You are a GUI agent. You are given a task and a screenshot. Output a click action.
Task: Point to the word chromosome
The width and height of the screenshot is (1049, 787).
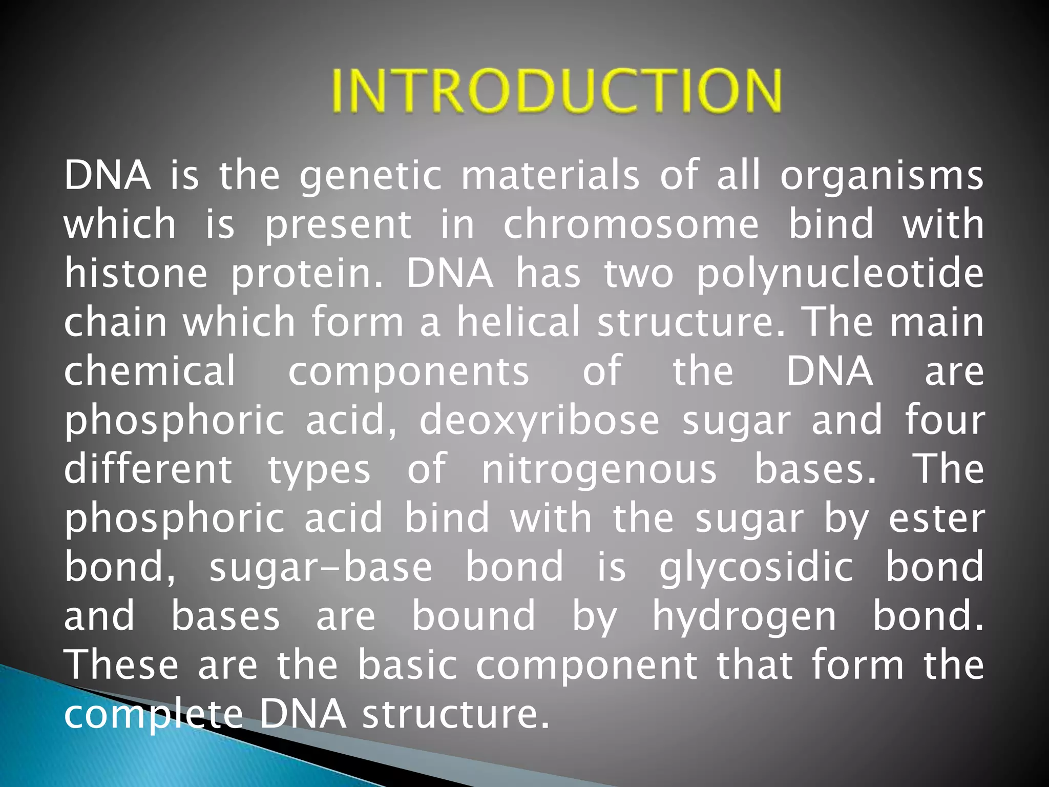pos(631,224)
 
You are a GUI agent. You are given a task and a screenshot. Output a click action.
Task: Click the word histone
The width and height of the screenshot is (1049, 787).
pos(136,273)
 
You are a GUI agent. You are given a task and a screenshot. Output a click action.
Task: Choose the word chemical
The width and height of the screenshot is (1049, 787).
pos(150,370)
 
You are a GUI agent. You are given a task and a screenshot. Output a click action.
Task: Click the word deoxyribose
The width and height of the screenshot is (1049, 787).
pos(539,420)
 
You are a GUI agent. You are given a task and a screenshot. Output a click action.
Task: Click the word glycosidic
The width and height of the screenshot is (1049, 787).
pos(756,568)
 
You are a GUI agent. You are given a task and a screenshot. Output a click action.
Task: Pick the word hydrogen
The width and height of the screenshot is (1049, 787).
pos(744,617)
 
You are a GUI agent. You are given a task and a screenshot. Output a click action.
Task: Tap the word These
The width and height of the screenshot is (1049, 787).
pos(121,665)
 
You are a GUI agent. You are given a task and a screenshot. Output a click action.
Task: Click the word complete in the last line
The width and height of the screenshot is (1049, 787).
pos(153,714)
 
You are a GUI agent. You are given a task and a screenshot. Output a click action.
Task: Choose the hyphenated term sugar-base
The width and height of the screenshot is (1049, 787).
pos(321,568)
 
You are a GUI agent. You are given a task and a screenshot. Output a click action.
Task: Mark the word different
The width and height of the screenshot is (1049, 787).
pos(148,468)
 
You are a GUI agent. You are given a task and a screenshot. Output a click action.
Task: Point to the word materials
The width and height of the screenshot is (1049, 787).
pos(551,176)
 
